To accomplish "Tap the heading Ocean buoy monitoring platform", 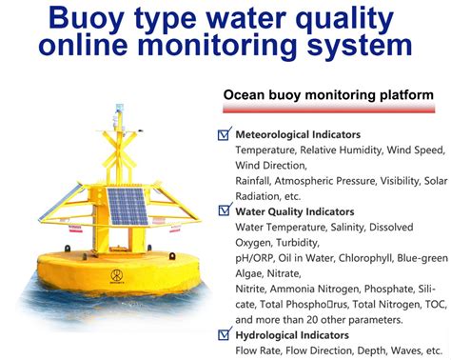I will tap(328, 95).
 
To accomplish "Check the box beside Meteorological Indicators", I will tap(225, 134).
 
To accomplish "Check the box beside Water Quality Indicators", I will tap(225, 210).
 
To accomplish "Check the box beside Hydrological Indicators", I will tap(225, 334).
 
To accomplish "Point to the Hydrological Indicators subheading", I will tap(297, 335).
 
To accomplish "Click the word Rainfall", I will tap(257, 181).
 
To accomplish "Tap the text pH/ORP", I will tap(256, 257).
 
